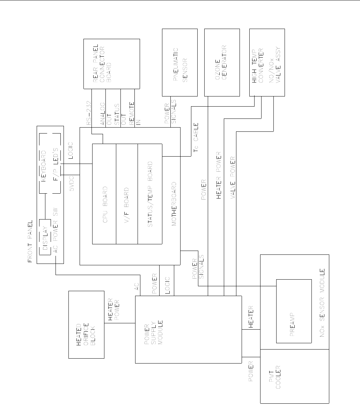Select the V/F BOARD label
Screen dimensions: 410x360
[x=127, y=204]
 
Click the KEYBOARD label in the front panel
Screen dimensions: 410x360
[x=44, y=166]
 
